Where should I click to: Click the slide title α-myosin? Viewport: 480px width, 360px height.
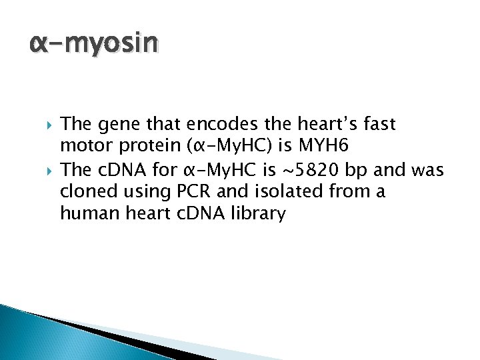pyautogui.click(x=94, y=45)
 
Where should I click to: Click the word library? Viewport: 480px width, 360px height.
pyautogui.click(x=257, y=215)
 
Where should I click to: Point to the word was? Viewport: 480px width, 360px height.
pyautogui.click(x=428, y=170)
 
